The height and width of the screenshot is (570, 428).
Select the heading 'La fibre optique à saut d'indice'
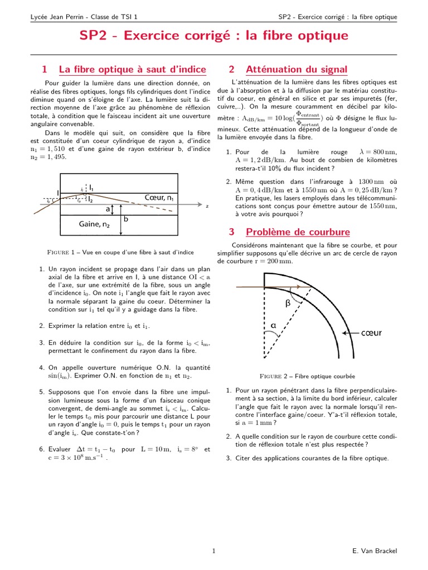pos(132,70)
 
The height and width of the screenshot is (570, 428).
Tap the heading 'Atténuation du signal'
pos(296,70)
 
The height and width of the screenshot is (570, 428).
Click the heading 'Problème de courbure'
pos(298,232)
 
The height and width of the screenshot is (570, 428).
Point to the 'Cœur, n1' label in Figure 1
pos(159,198)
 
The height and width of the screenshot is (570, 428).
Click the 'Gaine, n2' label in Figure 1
pos(94,224)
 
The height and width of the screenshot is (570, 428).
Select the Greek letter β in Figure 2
pos(288,303)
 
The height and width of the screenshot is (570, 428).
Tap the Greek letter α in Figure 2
pos(274,325)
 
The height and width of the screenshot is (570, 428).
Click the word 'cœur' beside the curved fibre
pos(372,333)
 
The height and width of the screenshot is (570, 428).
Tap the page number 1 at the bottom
pos(214,551)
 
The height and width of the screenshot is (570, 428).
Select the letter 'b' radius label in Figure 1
pos(126,219)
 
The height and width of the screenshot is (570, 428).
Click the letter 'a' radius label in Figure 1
pos(108,210)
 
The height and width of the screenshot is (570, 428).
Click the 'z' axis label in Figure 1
pos(207,207)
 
